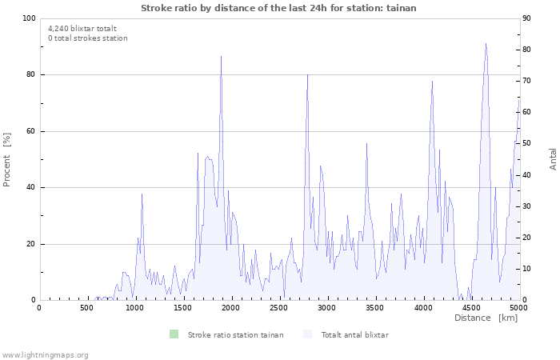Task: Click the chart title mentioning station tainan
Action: [278, 7]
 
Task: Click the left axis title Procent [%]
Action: [7, 159]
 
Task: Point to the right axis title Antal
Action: [553, 158]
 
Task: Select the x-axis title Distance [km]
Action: [486, 318]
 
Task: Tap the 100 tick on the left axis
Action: [29, 18]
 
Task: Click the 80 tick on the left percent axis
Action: [31, 75]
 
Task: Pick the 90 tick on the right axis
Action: [528, 18]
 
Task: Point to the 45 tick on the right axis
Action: [528, 159]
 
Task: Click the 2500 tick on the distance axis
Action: [279, 307]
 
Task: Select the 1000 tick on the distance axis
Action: [135, 307]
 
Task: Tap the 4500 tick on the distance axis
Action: [471, 307]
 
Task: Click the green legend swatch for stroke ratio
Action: [174, 334]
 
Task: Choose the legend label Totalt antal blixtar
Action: [354, 334]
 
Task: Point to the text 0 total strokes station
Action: [87, 38]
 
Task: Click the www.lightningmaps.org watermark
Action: [45, 354]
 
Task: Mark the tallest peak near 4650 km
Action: [486, 44]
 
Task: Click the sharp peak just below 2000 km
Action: [221, 56]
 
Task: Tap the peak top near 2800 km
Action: [307, 74]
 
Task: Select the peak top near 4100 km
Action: [432, 81]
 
